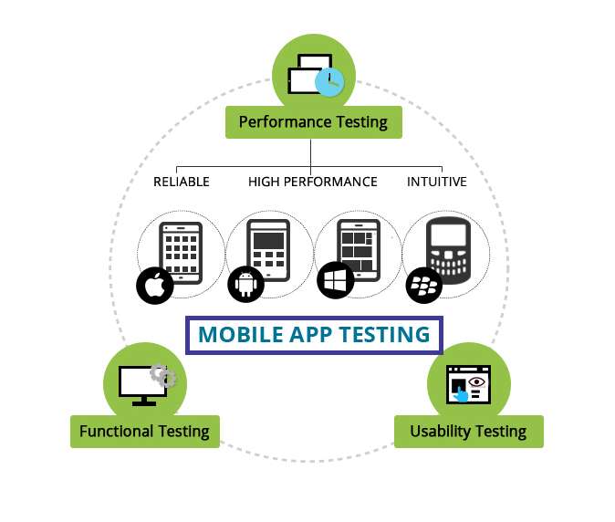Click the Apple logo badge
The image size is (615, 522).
coord(155,286)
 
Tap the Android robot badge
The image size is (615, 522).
coord(246,285)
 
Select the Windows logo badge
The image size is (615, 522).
coord(336,280)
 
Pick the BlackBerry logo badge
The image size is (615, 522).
coord(424,285)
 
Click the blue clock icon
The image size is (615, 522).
coord(329,82)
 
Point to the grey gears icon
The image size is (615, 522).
coord(163,375)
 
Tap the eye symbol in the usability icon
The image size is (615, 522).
coord(476,381)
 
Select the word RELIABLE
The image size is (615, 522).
coord(182,182)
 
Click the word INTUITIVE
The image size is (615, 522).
coord(437,182)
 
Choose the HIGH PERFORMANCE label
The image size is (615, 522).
coord(313,182)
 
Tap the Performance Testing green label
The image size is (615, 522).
coord(313,122)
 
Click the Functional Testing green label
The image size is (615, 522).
coord(145,432)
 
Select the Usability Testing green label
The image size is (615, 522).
coord(469,432)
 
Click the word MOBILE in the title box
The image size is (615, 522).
coord(241,335)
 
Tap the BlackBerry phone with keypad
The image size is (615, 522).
coord(448,250)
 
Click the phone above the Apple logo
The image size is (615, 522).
coord(181,253)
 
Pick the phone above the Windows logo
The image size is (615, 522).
coord(359,250)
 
